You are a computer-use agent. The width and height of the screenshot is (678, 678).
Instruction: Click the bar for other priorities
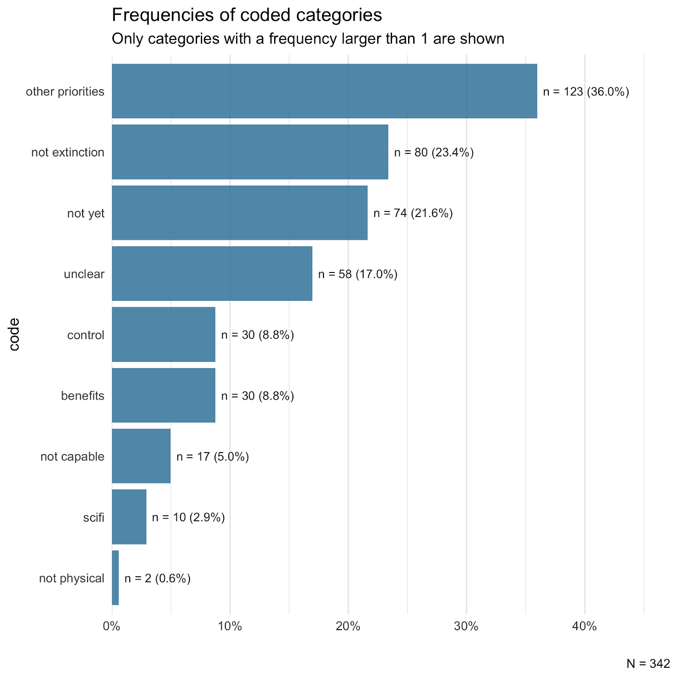[x=324, y=91]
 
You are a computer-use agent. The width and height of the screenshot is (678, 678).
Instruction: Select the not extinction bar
[x=250, y=152]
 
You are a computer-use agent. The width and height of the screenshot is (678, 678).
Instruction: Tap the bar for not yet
[x=239, y=213]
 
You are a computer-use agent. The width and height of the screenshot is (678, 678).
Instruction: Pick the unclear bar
[x=212, y=274]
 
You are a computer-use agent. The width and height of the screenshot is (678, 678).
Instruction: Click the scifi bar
[x=129, y=517]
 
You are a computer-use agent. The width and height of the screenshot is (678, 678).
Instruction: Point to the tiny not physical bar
[x=115, y=578]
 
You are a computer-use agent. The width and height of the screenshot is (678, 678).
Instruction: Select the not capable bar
[x=141, y=456]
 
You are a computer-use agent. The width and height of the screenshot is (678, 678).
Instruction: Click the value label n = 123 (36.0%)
[x=586, y=92]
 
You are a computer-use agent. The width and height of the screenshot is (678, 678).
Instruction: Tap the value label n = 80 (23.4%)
[x=434, y=153]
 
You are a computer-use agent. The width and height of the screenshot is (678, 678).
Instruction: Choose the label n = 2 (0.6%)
[x=158, y=578]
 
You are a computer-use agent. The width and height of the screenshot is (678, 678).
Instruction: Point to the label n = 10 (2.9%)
[x=189, y=517]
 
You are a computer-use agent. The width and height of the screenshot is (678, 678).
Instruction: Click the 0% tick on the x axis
[x=112, y=626]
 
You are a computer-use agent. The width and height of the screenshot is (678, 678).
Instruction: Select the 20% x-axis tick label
[x=348, y=626]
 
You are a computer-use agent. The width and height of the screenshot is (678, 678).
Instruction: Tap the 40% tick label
[x=584, y=626]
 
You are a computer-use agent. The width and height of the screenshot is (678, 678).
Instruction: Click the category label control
[x=86, y=335]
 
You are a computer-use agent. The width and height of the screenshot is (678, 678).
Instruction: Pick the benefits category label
[x=83, y=396]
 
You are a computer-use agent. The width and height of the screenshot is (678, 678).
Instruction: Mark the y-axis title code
[x=14, y=334]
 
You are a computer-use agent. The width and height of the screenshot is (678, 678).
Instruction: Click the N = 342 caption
[x=648, y=664]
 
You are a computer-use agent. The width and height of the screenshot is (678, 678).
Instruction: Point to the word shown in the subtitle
[x=483, y=39]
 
